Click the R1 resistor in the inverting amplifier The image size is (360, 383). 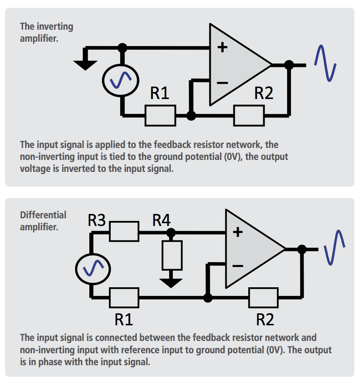[160, 115]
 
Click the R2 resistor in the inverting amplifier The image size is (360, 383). [249, 115]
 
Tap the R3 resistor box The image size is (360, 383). [124, 231]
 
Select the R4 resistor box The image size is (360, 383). [171, 254]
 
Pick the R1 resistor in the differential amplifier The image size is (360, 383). [124, 297]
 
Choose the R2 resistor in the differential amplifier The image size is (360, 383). [263, 297]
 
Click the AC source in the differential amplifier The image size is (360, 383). [93, 269]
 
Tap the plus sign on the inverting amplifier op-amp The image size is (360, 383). [222, 47]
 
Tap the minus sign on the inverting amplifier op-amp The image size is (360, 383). [222, 83]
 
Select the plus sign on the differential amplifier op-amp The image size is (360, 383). [237, 232]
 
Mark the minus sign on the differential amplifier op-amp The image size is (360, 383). [237, 266]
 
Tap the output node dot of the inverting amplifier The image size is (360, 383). [289, 65]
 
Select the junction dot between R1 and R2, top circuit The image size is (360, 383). [191, 116]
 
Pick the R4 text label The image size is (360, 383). [161, 220]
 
